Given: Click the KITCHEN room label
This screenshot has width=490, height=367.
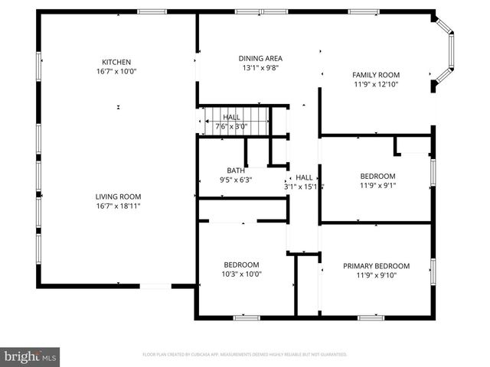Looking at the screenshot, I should click(117, 62).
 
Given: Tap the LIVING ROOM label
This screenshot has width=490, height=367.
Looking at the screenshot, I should click(118, 196).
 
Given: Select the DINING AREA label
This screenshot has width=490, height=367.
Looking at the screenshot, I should click(260, 58).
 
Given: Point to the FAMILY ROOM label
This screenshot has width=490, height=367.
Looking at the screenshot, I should click(376, 75).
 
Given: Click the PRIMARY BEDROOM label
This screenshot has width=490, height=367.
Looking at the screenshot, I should click(376, 266).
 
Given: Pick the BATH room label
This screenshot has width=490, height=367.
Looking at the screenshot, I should click(235, 171).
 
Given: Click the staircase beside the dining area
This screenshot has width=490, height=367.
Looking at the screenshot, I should click(237, 120).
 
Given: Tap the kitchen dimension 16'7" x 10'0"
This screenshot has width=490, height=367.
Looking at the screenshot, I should click(117, 71).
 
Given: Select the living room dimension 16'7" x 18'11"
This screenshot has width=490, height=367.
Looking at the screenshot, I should click(118, 205).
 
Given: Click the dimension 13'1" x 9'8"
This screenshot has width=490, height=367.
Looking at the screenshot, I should click(260, 67).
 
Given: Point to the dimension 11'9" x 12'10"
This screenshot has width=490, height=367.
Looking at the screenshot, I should click(376, 84).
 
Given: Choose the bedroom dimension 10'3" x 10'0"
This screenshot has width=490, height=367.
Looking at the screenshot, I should click(240, 274).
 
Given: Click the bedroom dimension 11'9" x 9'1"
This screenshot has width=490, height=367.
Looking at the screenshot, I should click(377, 184).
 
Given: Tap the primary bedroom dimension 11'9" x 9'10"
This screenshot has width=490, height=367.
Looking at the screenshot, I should click(376, 275).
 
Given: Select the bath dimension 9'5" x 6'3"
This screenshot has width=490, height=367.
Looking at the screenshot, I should click(235, 180).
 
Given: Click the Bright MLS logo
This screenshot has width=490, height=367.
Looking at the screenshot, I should click(31, 356).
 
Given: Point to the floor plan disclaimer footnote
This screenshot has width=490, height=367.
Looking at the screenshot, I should click(245, 355).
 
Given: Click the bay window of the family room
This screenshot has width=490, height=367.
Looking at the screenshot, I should click(448, 55).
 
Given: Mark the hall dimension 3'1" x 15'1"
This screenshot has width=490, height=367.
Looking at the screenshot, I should click(304, 186).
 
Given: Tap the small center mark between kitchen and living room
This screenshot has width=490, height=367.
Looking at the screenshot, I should click(118, 106).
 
